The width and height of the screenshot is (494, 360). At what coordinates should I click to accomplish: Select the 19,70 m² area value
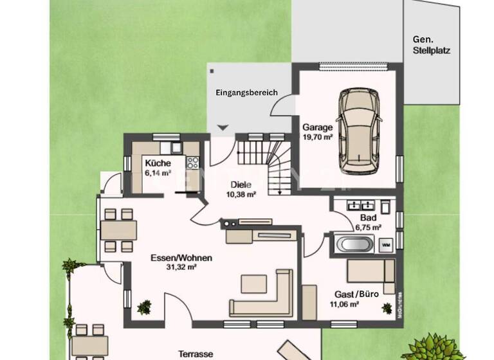pos(317,137)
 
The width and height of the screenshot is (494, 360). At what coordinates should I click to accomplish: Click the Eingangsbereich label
pos(246,93)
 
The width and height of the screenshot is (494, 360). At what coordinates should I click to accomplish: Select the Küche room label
pos(158,163)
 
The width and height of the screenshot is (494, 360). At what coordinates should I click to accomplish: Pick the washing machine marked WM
pos(386,245)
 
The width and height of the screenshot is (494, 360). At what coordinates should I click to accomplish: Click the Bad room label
pos(368,218)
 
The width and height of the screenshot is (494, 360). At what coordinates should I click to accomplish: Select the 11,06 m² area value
pos(344,304)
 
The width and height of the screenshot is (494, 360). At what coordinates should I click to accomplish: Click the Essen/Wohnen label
pos(181,258)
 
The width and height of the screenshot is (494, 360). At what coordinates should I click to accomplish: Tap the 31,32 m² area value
pos(182,267)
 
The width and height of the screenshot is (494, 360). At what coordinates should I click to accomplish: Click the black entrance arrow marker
pos(223,128)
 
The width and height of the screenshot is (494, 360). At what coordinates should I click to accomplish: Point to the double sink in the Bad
pos(360,206)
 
